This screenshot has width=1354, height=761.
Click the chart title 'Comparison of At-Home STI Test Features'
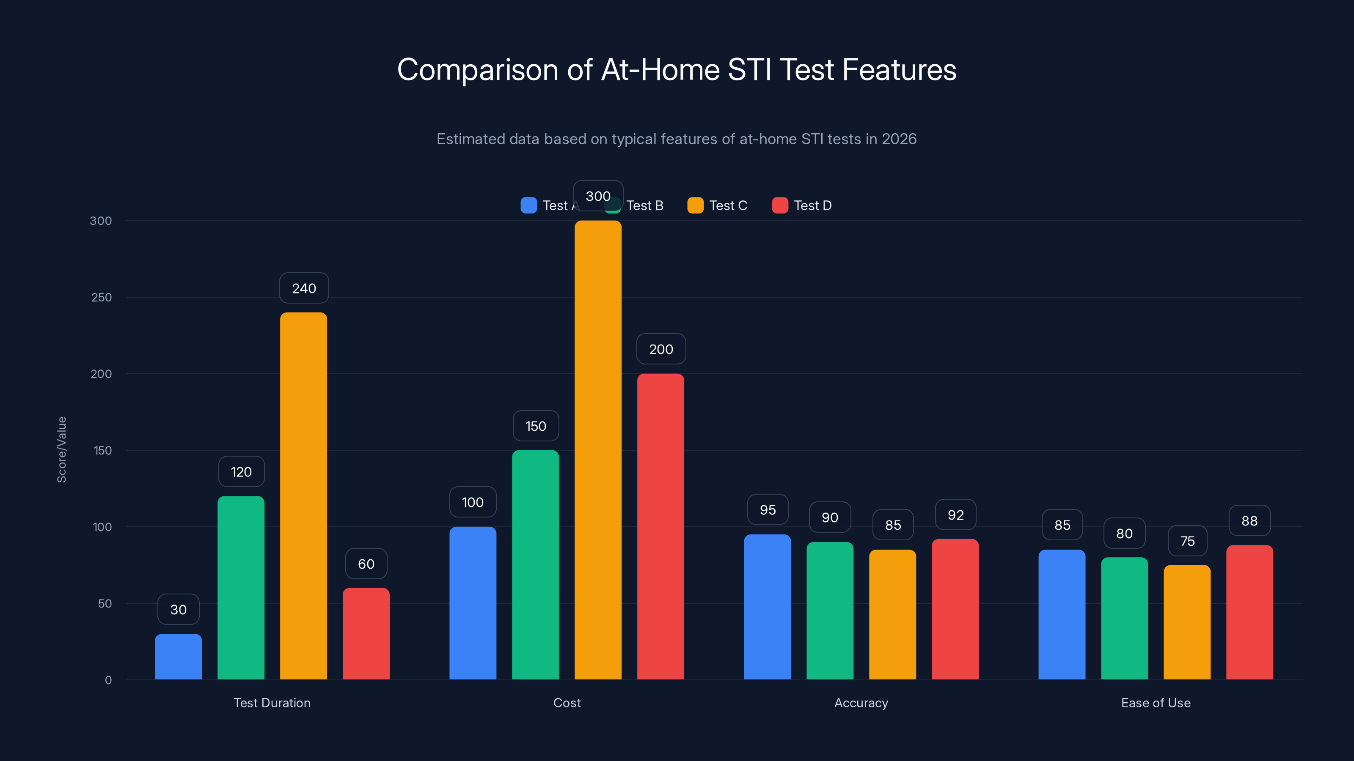point(677,70)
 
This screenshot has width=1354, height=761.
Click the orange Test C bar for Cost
point(597,452)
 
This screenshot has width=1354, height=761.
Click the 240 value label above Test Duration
point(304,288)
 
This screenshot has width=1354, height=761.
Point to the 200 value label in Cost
point(660,349)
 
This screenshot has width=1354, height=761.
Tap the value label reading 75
point(1187,541)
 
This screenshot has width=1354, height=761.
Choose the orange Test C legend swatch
point(695,205)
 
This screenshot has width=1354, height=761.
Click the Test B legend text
point(645,205)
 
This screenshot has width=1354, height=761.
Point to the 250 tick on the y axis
point(102,297)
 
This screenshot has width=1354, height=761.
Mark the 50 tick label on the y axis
point(105,603)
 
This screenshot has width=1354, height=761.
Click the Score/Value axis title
point(61,449)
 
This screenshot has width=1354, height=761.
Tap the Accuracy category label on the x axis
point(861,703)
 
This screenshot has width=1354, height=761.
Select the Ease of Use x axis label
point(1155,703)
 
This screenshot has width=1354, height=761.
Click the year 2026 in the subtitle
point(899,139)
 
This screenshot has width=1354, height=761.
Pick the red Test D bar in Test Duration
point(366,633)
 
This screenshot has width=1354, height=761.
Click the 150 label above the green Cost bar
point(536,426)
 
